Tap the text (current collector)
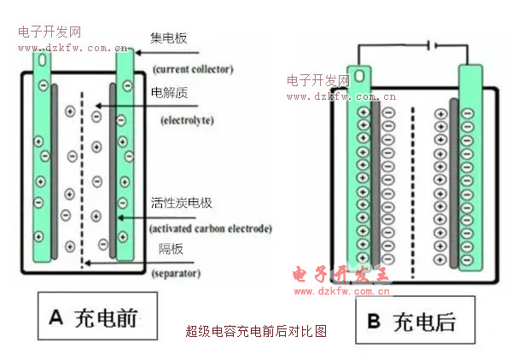193,69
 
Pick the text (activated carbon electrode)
210,229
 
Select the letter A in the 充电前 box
57,319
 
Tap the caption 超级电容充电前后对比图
256,332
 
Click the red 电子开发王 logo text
340,274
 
